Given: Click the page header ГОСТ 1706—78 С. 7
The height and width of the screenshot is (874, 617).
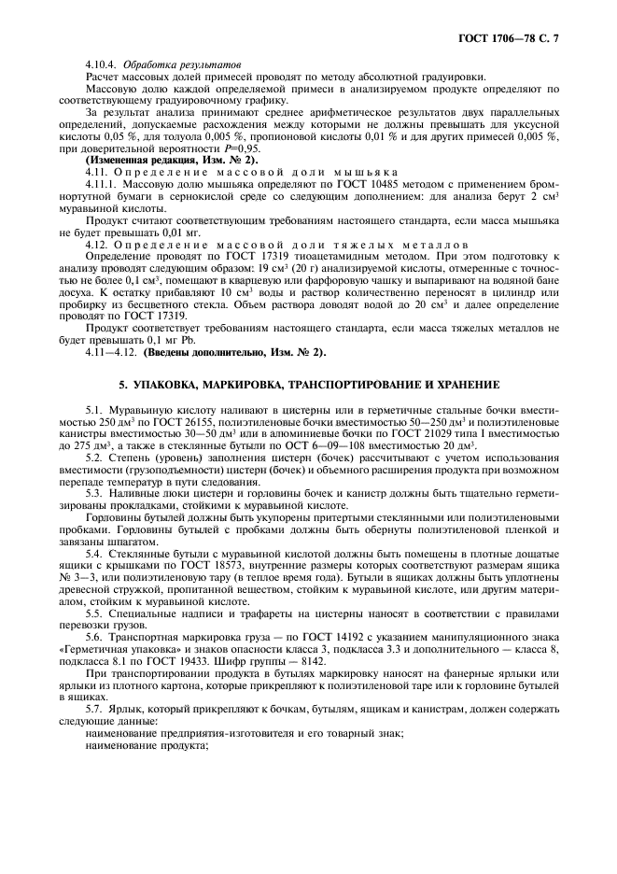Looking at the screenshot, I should pos(513,37).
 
